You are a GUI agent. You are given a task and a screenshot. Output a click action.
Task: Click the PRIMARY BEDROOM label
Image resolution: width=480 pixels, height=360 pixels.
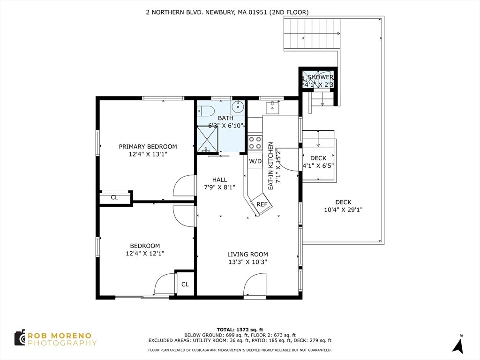(148, 146)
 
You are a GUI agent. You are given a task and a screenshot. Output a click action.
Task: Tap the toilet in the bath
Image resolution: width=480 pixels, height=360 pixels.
(203, 111)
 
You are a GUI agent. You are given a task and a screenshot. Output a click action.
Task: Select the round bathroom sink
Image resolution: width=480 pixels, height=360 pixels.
(237, 107)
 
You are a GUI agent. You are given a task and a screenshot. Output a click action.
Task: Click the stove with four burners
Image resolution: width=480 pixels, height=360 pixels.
(255, 142)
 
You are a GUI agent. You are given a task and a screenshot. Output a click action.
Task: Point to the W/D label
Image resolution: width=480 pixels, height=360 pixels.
(255, 161)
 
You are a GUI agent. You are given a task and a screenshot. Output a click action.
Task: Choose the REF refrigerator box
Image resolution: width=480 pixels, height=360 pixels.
(262, 204)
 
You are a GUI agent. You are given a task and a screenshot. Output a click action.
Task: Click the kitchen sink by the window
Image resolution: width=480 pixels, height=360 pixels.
(272, 107)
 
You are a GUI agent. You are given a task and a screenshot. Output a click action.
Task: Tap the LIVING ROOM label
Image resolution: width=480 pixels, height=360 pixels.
(247, 254)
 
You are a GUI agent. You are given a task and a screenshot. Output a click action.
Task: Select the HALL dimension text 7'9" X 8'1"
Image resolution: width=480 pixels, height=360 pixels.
(219, 187)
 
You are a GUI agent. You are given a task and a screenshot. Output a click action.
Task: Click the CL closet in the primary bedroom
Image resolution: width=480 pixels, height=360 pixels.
(114, 197)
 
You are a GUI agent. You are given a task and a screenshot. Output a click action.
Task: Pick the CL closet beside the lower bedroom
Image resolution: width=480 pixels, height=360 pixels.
(185, 285)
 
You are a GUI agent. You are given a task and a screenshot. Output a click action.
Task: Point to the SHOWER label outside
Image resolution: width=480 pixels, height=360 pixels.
(320, 77)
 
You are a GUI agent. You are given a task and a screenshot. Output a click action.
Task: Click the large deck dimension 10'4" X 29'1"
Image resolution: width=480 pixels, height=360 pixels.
(343, 210)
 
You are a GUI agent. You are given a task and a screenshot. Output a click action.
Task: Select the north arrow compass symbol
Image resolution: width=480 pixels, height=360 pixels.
(458, 345)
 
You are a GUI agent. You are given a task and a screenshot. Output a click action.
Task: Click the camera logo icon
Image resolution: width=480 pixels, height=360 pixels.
(20, 337)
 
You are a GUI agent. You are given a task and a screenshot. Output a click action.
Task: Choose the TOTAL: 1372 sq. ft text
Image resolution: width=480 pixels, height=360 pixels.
(240, 330)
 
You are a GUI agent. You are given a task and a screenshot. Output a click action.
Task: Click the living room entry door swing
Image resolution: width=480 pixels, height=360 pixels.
(255, 285)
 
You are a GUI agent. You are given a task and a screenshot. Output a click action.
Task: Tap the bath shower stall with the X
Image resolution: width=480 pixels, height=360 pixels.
(207, 139)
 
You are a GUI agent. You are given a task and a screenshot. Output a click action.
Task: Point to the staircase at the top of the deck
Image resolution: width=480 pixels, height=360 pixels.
(312, 34)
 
